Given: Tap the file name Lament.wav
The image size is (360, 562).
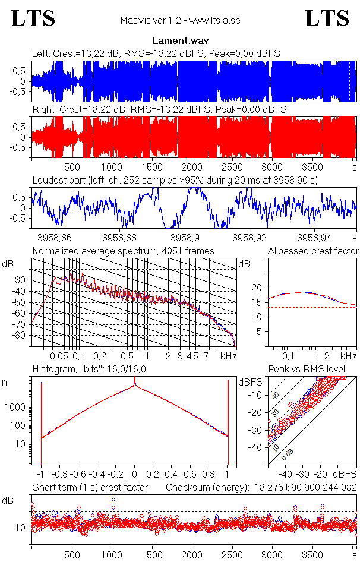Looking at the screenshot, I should (180, 41).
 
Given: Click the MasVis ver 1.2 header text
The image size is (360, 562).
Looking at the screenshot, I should (180, 21).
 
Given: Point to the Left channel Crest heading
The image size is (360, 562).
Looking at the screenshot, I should (156, 53).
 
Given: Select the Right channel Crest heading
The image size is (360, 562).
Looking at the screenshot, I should (159, 110).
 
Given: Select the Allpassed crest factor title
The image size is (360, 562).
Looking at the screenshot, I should (313, 251).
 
